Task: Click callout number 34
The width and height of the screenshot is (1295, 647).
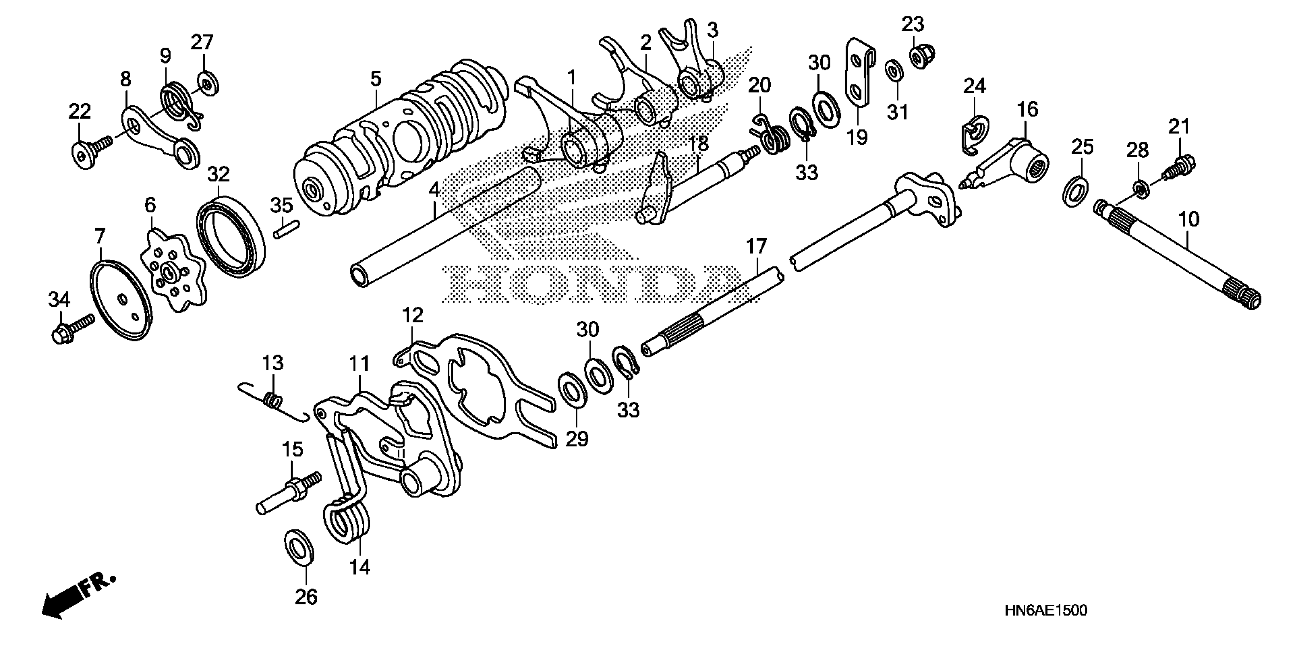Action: (x=59, y=300)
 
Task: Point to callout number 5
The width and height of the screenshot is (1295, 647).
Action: (x=376, y=78)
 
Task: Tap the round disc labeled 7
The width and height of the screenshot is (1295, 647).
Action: (x=122, y=300)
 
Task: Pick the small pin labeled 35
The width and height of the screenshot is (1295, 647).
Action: (x=287, y=228)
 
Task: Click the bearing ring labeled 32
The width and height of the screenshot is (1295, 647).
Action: (x=231, y=236)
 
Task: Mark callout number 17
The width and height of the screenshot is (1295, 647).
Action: (x=756, y=247)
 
